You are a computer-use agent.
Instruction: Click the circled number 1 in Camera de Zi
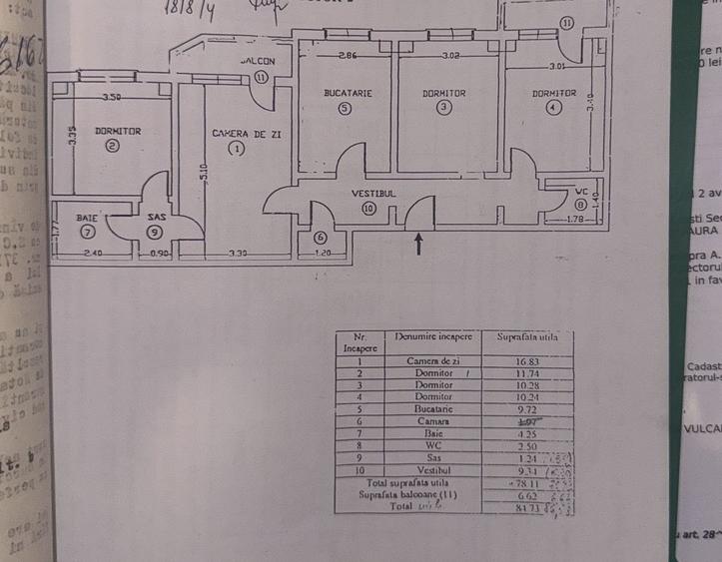[x=236, y=149]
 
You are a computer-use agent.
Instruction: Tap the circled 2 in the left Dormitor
[x=112, y=146]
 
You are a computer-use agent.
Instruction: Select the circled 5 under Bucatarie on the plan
[x=345, y=109]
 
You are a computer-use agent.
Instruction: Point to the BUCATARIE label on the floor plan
[x=348, y=93]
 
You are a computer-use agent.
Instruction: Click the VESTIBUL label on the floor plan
[x=373, y=193]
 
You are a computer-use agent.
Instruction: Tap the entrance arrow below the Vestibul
[x=417, y=243]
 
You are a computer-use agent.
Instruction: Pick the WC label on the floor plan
[x=581, y=191]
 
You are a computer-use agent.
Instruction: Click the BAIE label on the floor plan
[x=87, y=217]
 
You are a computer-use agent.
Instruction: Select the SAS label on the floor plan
[x=156, y=217]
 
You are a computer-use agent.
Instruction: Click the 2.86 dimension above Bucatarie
[x=347, y=55]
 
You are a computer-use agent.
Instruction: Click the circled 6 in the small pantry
[x=320, y=238]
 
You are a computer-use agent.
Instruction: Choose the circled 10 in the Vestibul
[x=369, y=209]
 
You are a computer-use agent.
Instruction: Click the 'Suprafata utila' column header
[x=527, y=337]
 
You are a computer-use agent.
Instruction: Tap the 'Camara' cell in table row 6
[x=434, y=421]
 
